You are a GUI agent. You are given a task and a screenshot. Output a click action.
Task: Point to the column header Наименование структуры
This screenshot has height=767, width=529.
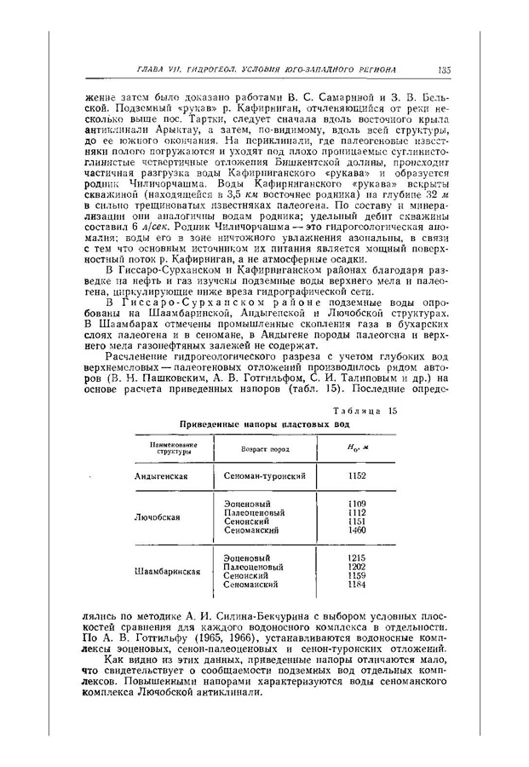pos(171,448)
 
